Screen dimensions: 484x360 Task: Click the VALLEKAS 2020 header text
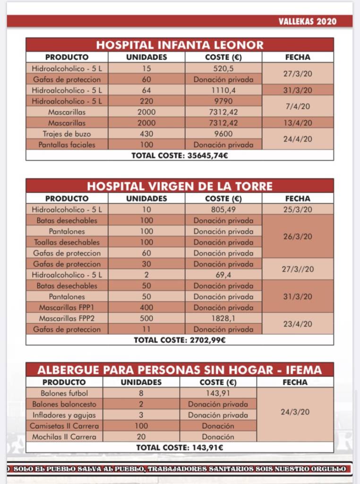(x=307, y=21)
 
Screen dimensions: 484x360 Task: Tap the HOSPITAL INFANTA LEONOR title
(x=180, y=45)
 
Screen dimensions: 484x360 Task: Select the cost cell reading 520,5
(x=223, y=69)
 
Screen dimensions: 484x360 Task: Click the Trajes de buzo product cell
(x=67, y=134)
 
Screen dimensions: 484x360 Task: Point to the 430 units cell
(x=146, y=134)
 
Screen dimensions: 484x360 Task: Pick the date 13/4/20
(x=298, y=123)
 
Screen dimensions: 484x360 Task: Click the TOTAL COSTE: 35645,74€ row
(x=180, y=155)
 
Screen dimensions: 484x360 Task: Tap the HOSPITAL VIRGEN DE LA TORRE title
(x=180, y=186)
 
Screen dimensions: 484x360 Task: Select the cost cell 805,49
(x=223, y=209)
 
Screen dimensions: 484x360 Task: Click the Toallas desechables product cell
(x=67, y=242)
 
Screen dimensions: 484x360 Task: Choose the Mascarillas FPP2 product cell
(x=67, y=318)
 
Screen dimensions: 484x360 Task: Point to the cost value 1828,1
(x=223, y=318)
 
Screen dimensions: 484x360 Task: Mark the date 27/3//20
(x=298, y=269)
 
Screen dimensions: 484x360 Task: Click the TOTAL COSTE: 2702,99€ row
(x=180, y=340)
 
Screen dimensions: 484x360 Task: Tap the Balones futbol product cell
(x=64, y=393)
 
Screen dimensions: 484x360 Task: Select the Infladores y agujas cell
(x=64, y=415)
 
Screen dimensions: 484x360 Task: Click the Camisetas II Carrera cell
(x=64, y=426)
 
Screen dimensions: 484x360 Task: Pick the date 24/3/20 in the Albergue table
(x=295, y=412)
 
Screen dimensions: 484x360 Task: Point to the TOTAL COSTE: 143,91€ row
(x=180, y=447)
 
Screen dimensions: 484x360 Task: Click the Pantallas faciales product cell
(x=67, y=145)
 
